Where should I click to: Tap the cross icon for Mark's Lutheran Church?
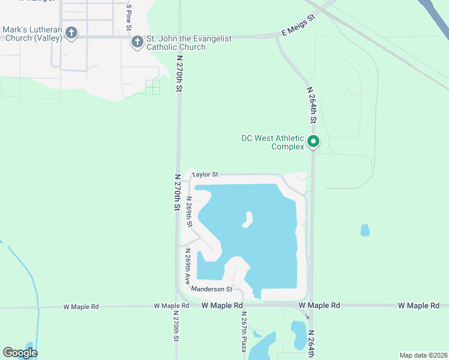(x=71, y=33)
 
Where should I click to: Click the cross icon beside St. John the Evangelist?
(x=137, y=42)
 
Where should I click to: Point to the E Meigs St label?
(x=298, y=26)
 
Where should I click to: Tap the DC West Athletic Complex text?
(x=274, y=142)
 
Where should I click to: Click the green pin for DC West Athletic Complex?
(x=313, y=142)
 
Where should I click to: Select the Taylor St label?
(x=204, y=175)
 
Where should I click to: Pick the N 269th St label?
(x=189, y=212)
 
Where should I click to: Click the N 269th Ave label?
(x=188, y=265)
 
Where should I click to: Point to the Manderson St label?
(x=211, y=289)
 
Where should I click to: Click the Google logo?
(x=20, y=353)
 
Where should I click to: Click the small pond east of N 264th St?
(x=365, y=230)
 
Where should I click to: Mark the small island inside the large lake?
(x=247, y=220)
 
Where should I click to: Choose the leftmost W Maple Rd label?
(x=81, y=307)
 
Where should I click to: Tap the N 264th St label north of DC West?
(x=312, y=105)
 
